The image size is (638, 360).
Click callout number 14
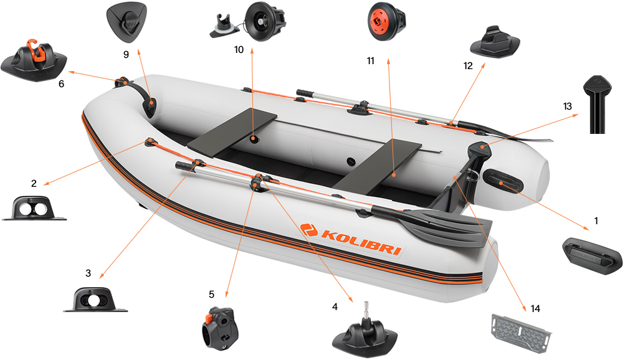pos(536,308)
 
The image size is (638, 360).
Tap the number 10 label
pos(239,50)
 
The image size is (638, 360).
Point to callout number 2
pos(34,183)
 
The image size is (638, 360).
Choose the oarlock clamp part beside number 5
pos(215,324)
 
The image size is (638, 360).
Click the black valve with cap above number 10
pos(264,21)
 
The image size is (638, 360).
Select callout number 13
pos(567,107)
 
